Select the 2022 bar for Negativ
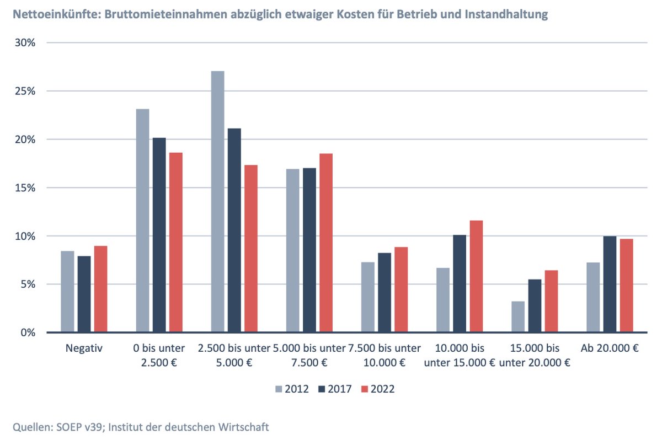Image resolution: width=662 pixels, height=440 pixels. (100, 289)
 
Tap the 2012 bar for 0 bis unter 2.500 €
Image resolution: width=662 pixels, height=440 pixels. (142, 221)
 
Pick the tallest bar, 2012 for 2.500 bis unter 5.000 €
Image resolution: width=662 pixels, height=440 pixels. (217, 202)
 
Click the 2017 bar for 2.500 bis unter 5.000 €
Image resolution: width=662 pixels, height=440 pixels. (234, 230)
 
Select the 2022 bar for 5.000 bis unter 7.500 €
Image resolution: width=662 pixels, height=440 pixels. (326, 243)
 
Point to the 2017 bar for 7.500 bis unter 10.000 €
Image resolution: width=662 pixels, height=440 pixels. (385, 292)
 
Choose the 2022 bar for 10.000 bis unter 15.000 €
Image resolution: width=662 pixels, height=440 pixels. (476, 276)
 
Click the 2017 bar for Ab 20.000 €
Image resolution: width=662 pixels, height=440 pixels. (610, 284)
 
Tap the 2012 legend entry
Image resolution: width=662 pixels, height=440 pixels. (293, 389)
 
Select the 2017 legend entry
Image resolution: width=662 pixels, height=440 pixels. (336, 389)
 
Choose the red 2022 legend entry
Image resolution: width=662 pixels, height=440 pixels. (379, 389)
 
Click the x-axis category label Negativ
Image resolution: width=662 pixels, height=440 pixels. (84, 348)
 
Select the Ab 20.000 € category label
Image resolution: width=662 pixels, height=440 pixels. (610, 348)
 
